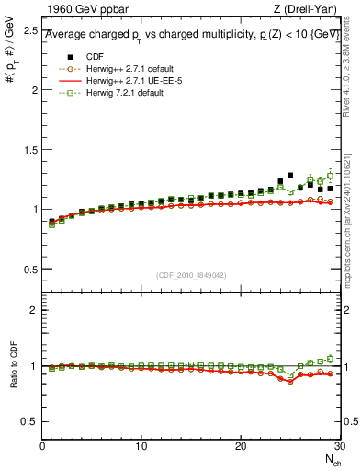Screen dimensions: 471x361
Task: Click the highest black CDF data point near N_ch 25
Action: tap(290, 175)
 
